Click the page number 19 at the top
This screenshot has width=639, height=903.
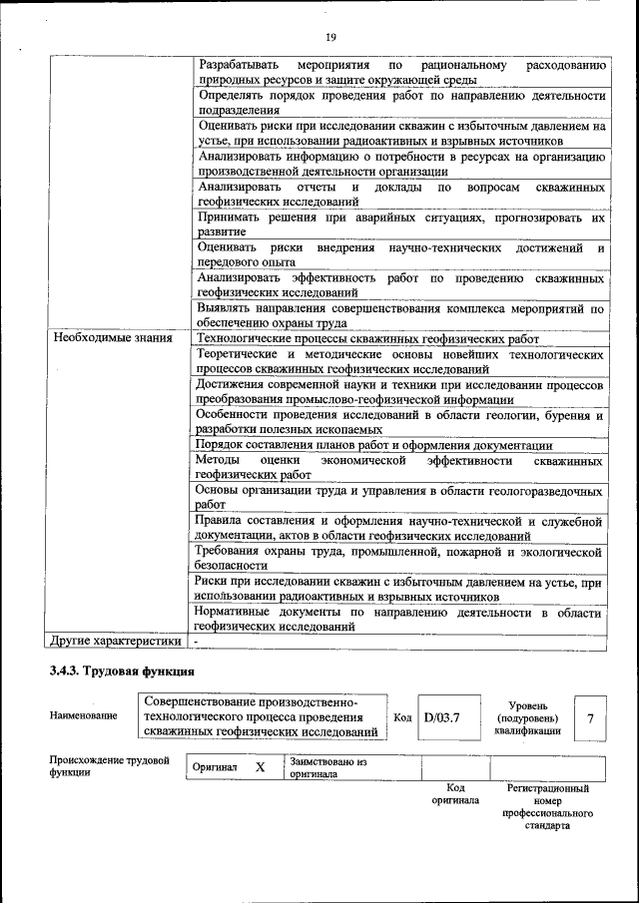point(330,37)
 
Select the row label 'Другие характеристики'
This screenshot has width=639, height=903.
point(117,641)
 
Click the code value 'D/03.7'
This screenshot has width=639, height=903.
point(441,716)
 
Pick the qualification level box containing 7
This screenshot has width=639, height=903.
point(591,717)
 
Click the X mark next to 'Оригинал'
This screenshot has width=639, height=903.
point(260,767)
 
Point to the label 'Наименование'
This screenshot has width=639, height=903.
point(83,716)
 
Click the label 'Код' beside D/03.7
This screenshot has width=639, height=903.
point(402,716)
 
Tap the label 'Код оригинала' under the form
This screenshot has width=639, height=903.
point(455,794)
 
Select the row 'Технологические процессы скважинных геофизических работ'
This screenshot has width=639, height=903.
point(366,339)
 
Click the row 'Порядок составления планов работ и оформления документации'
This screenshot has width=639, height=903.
point(373,445)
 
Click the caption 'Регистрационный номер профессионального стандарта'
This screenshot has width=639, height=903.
point(546,806)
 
